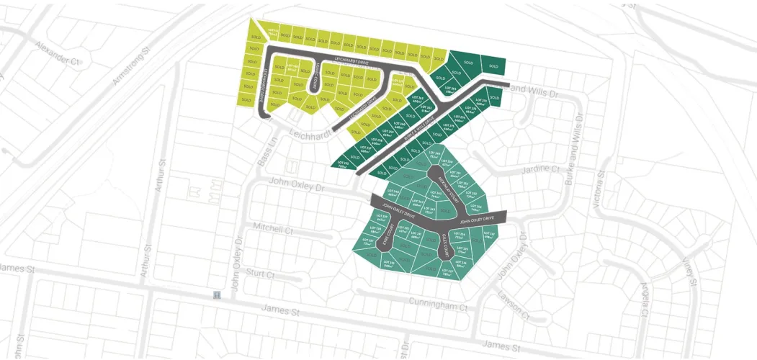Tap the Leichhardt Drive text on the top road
(354, 61)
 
